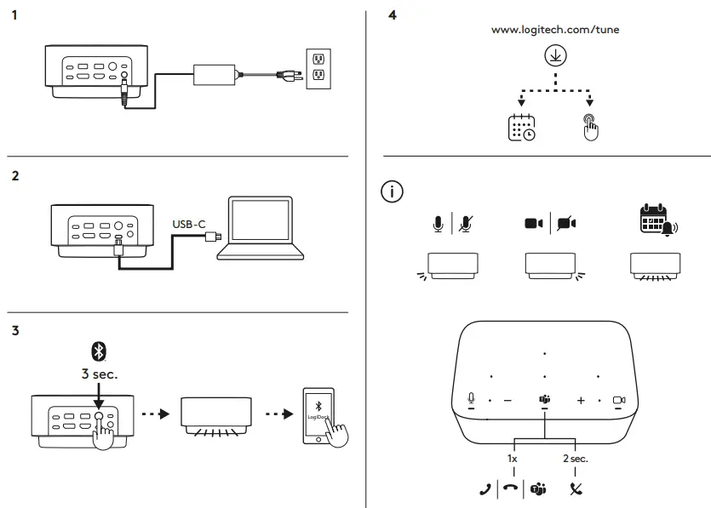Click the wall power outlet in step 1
[x=318, y=68]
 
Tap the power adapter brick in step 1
[x=214, y=75]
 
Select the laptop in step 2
[x=261, y=228]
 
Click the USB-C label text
[x=189, y=225]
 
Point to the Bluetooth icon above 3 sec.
[x=99, y=351]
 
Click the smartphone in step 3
[x=318, y=415]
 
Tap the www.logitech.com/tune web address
[x=555, y=30]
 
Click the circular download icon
[x=555, y=55]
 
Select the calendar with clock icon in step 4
[x=521, y=128]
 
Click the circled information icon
[x=392, y=191]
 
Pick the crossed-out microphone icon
[x=466, y=224]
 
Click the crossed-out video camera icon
[x=567, y=224]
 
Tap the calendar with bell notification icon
[x=658, y=220]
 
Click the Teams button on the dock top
[x=545, y=399]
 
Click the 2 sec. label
[x=576, y=459]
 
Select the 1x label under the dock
[x=513, y=459]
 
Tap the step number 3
[x=15, y=331]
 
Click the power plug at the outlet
[x=290, y=75]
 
